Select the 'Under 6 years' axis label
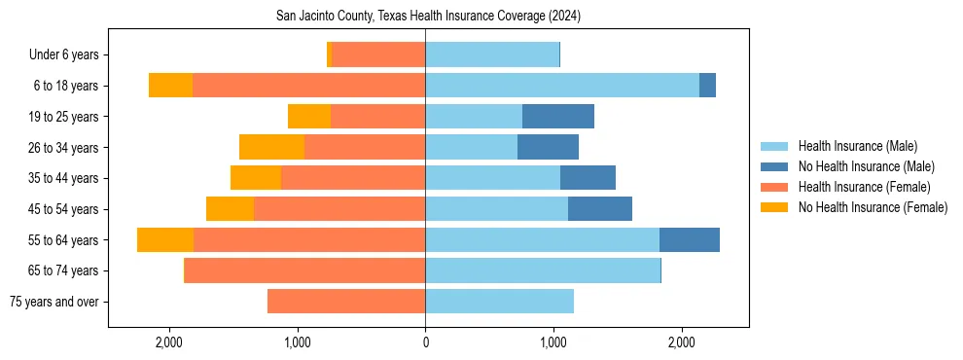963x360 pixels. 70,55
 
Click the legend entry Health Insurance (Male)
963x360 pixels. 857,146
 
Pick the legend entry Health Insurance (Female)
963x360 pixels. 864,187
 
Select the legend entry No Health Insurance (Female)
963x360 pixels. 873,207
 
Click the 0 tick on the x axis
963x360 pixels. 425,342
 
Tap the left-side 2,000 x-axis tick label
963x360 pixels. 169,342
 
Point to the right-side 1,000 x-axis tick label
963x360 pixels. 553,342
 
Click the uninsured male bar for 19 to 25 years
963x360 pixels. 558,117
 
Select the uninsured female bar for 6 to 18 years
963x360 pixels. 170,86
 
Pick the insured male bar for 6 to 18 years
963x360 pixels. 562,86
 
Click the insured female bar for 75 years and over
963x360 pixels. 346,302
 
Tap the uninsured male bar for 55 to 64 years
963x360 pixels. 690,240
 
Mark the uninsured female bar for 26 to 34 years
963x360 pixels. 271,148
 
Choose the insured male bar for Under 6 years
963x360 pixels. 492,55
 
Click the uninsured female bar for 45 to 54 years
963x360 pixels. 230,209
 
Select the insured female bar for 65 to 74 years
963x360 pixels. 305,270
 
